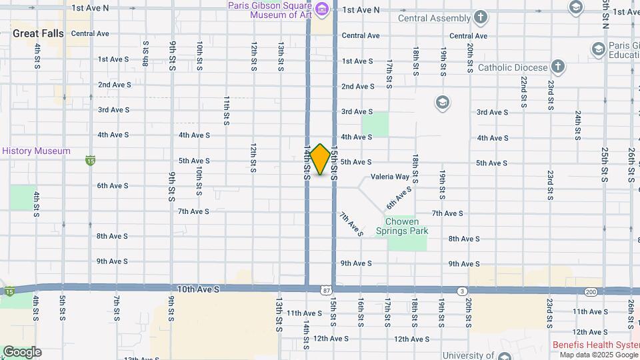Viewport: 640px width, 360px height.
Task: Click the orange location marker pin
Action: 320,159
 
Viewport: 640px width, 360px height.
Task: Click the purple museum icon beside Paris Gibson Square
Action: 323,9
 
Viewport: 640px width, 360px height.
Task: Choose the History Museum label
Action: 36,151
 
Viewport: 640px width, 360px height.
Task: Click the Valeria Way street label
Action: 390,177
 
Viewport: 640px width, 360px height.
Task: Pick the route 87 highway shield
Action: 325,290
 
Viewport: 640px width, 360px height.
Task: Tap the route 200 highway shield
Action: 591,291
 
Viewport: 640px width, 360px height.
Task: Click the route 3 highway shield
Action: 461,291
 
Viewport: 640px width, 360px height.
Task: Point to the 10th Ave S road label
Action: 198,289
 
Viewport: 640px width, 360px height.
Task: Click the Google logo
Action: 22,351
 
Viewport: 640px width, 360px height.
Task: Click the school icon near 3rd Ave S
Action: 441,103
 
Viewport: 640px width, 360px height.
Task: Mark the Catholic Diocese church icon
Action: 557,67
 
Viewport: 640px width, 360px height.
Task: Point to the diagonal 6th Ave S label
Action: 399,197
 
